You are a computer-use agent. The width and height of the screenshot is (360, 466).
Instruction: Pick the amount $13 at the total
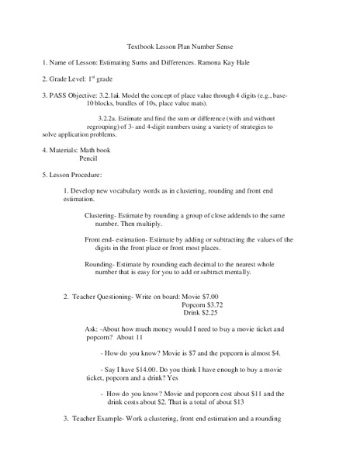(244, 402)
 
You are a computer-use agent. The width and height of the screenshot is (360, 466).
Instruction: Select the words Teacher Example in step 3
(101, 419)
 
